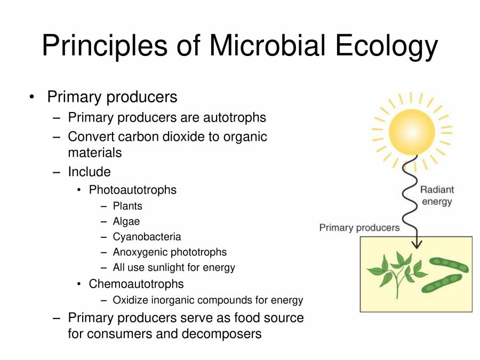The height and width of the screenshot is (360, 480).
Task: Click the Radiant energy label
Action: tap(437, 195)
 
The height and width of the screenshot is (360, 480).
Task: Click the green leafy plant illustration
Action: tap(397, 273)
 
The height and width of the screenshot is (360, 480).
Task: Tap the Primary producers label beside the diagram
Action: tap(359, 228)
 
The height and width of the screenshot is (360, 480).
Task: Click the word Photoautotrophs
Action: tap(132, 190)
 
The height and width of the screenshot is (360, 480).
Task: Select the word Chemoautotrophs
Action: tap(136, 284)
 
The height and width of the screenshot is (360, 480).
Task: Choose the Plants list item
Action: tap(127, 206)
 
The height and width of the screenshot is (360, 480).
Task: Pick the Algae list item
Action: tap(126, 221)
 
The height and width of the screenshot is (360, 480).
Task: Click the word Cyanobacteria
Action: tap(147, 237)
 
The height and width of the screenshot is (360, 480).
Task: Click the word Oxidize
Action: tap(131, 300)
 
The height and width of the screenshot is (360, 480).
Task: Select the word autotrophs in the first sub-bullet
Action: tap(231, 117)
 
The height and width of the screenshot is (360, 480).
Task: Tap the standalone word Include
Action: tap(89, 172)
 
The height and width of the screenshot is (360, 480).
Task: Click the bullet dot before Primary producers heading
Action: tap(32, 97)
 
